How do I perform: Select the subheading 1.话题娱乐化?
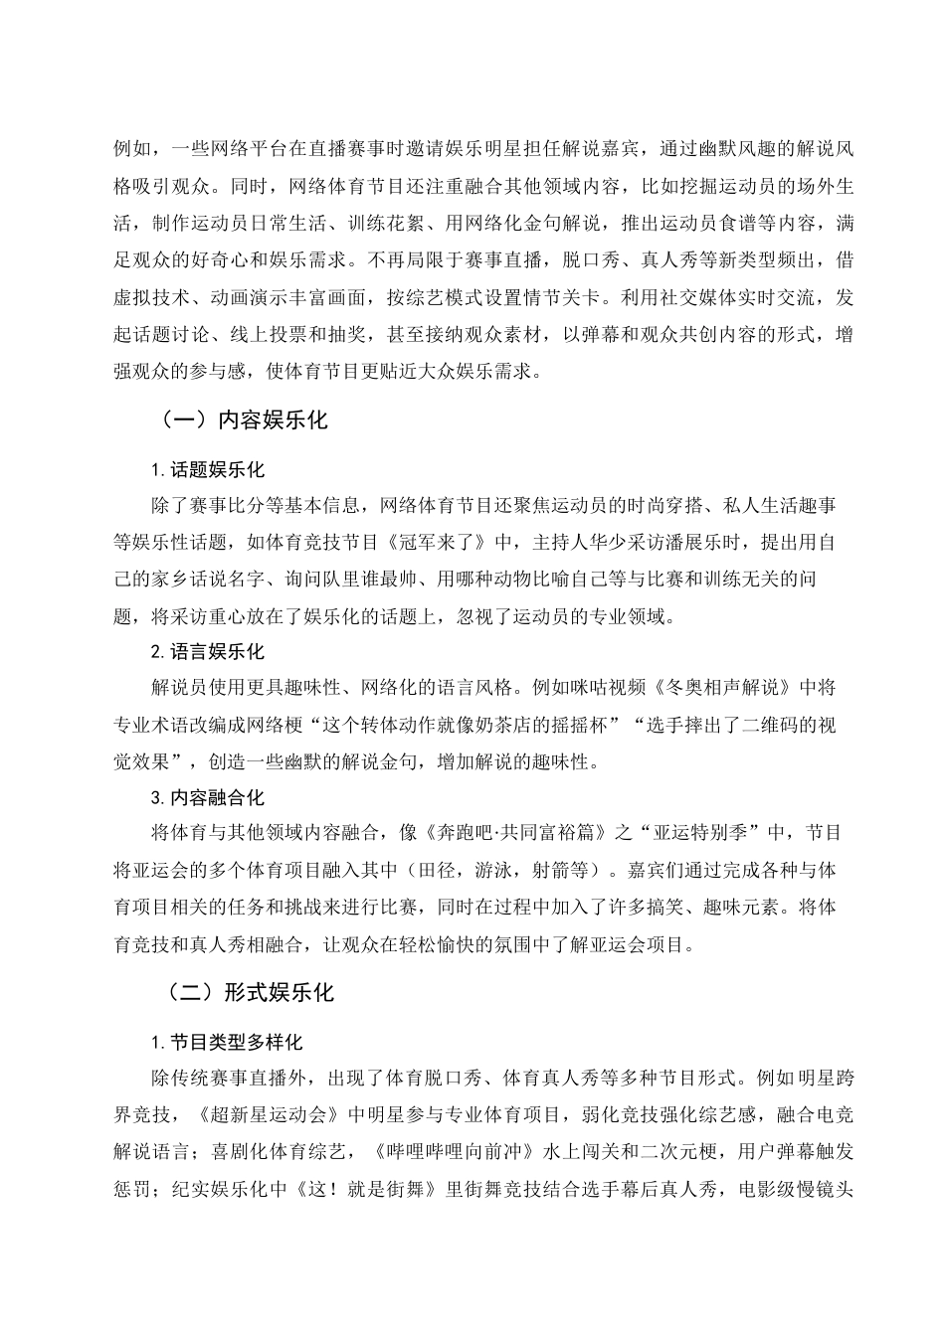(208, 470)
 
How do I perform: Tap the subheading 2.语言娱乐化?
(208, 652)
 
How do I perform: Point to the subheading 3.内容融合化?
(208, 797)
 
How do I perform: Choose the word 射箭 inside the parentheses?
(561, 870)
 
